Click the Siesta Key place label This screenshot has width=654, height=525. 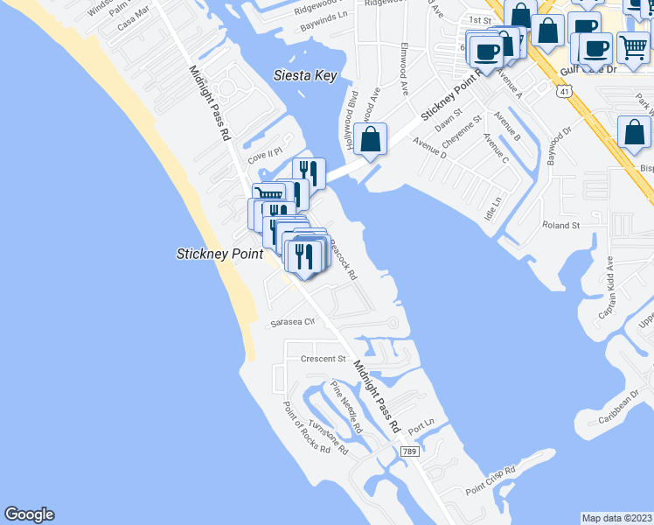[304, 76]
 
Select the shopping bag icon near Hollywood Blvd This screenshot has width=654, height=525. [371, 139]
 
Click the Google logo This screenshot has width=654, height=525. [29, 514]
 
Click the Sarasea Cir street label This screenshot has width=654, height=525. [292, 322]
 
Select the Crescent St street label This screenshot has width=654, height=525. [323, 359]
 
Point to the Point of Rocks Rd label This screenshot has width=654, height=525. [305, 428]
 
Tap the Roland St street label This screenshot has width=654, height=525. [561, 226]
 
